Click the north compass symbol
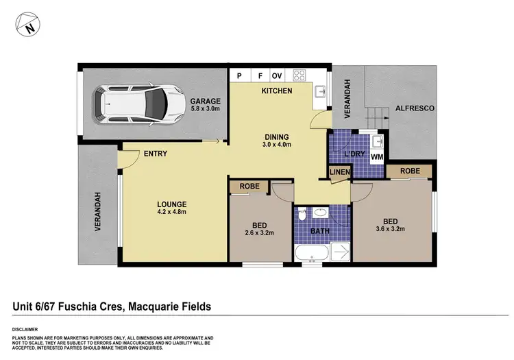[x=28, y=25]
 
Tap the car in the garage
[x=138, y=105]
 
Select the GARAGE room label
[x=206, y=101]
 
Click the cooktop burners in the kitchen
[x=299, y=75]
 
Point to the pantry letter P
[x=239, y=76]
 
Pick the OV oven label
[x=277, y=76]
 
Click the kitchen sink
[x=320, y=91]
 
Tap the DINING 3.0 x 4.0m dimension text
[x=277, y=144]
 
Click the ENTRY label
[x=156, y=154]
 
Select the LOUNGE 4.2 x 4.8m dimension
[x=172, y=212]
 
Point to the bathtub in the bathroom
[x=312, y=253]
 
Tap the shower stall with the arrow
[x=340, y=252]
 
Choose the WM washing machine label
[x=377, y=157]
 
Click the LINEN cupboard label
[x=340, y=172]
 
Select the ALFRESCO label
[x=415, y=108]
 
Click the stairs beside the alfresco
[x=378, y=118]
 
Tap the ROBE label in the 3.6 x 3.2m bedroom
[x=410, y=171]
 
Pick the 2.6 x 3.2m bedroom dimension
[x=259, y=233]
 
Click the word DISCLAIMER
[x=25, y=330]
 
